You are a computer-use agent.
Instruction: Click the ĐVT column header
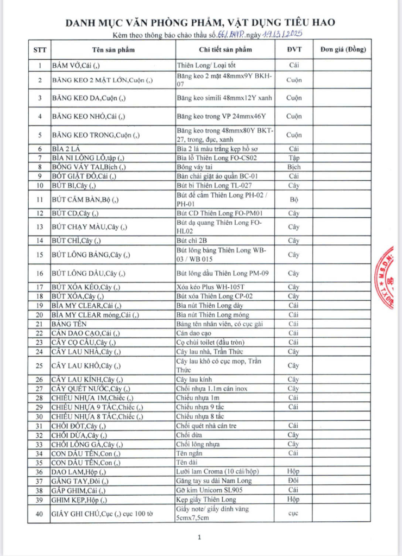coord(294,50)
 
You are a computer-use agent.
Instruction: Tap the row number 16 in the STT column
coord(40,273)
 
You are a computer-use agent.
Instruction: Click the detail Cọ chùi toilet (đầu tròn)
coord(210,342)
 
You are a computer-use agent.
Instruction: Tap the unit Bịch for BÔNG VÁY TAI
coord(294,167)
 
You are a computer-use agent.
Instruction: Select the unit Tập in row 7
coord(294,157)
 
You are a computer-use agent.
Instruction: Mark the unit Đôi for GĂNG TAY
coord(294,481)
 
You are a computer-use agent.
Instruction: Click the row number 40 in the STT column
coord(40,513)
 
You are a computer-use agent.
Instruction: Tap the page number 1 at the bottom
coord(200,538)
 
